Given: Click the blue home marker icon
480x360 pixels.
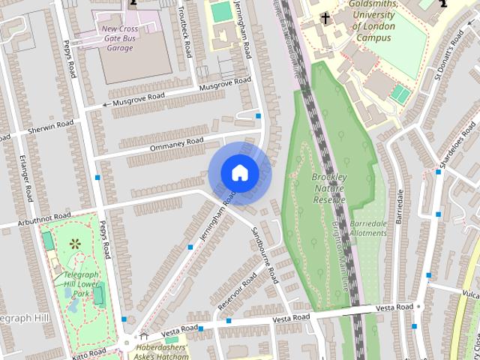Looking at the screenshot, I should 239,172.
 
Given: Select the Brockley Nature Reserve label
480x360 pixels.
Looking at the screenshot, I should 328,188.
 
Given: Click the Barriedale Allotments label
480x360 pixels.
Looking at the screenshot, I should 368,228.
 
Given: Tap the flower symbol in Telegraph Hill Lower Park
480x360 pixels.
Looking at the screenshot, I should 75,244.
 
